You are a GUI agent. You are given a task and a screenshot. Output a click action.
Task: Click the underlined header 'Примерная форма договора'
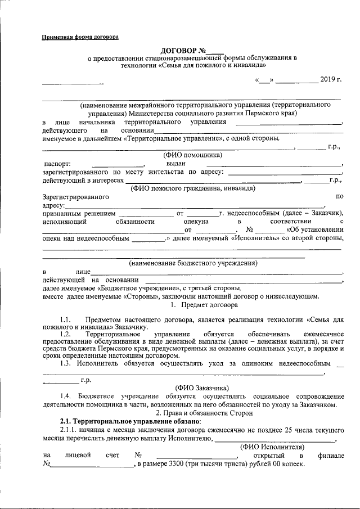[x=80, y=37]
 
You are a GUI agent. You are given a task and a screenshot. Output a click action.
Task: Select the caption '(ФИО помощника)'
[x=192, y=155]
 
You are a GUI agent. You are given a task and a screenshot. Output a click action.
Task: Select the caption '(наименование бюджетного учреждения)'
[x=192, y=263]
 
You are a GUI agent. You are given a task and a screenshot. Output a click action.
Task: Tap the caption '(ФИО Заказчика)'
[x=201, y=388]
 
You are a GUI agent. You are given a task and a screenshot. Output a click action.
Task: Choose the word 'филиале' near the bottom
[x=330, y=455]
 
